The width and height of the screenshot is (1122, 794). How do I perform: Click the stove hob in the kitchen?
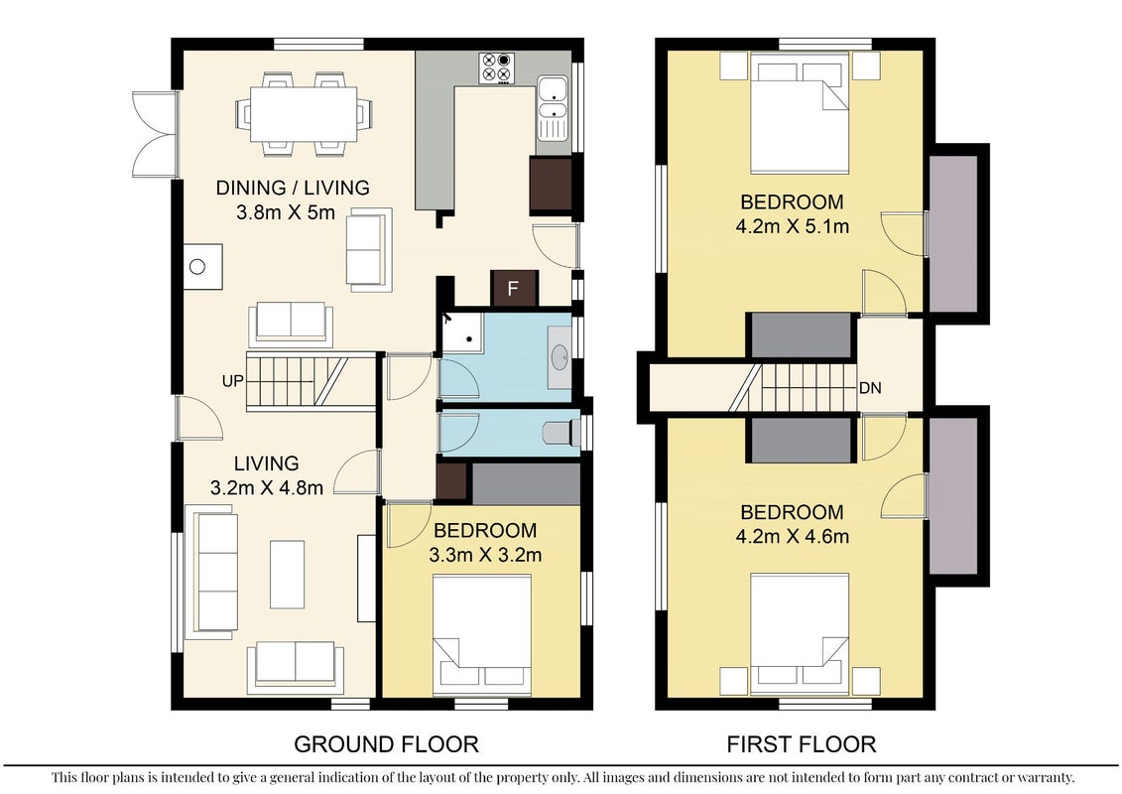497,67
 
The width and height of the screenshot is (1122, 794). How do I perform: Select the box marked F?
513,289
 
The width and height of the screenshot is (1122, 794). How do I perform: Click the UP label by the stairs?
232,381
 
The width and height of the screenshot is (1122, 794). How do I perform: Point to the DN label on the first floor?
870,388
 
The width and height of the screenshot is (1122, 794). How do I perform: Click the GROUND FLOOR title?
387,744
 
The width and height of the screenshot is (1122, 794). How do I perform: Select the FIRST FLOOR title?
802,744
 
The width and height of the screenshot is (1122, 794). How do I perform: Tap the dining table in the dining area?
304,114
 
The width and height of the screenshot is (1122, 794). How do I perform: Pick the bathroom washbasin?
560,357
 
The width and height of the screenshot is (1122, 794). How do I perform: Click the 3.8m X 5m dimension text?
286,212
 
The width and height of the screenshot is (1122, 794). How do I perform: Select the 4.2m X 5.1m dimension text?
792,227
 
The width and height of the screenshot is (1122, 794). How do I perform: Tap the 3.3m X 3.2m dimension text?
485,555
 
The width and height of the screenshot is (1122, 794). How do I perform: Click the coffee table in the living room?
287,575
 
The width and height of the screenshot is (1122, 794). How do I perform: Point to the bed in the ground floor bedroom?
482,634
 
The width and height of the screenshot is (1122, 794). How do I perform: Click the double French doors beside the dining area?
155,134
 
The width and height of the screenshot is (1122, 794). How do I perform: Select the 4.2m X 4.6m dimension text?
792,536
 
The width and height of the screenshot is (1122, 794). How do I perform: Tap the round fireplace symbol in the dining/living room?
197,267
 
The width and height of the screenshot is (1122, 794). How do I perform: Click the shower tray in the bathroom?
461,332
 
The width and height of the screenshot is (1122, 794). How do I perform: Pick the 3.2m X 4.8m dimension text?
266,488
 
